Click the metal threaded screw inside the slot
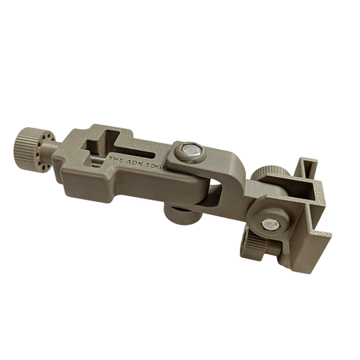coord(97,161)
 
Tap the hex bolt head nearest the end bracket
coord(270,223)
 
